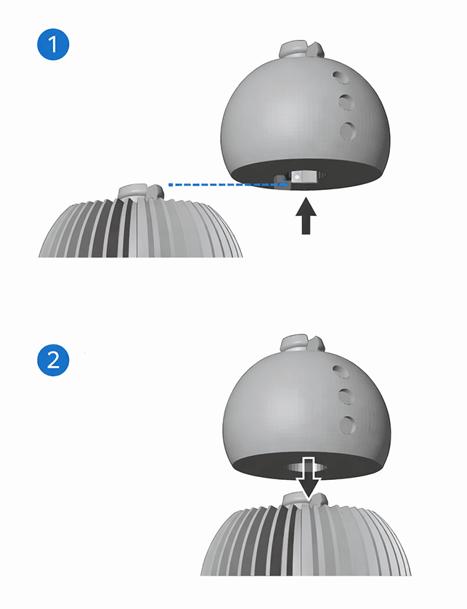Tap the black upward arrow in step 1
point(306,216)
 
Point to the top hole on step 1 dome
point(341,78)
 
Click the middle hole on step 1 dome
point(346,101)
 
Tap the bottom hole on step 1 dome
point(348,131)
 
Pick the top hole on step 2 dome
point(341,372)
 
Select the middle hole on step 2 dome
point(346,396)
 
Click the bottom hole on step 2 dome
point(348,425)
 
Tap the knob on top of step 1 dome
point(301,49)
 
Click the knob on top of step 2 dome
point(302,344)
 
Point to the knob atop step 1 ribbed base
point(142,193)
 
